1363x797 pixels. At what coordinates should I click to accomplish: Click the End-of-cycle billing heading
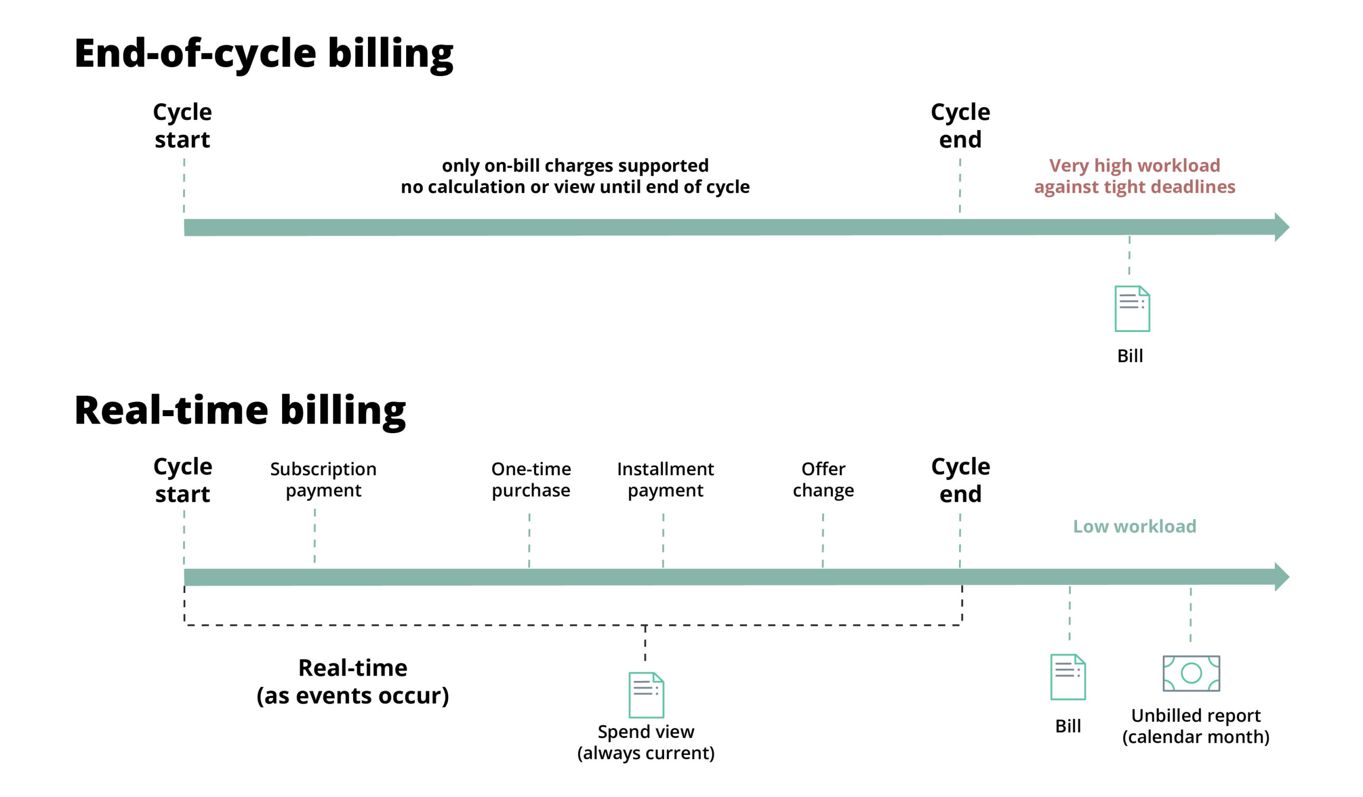tap(264, 54)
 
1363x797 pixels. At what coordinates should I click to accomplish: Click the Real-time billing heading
tap(240, 411)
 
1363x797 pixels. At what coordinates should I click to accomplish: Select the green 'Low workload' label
tap(1134, 526)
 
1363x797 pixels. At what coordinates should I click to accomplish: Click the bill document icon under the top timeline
tap(1131, 308)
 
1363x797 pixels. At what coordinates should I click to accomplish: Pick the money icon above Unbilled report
tap(1191, 673)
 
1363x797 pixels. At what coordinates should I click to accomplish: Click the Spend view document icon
tap(646, 695)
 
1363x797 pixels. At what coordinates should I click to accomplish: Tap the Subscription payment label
tap(323, 479)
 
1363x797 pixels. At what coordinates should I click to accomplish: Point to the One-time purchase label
tap(531, 479)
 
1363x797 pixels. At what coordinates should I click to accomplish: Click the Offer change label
tap(823, 479)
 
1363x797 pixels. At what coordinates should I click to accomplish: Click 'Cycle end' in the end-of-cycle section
tap(960, 126)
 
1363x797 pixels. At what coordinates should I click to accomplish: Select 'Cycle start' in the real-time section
tap(182, 480)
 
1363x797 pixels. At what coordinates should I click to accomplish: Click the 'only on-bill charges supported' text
tap(574, 166)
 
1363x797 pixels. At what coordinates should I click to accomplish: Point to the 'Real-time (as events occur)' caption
tap(352, 681)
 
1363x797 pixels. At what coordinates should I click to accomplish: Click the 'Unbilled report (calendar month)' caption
tap(1195, 726)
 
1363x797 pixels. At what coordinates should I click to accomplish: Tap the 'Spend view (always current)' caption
tap(646, 742)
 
